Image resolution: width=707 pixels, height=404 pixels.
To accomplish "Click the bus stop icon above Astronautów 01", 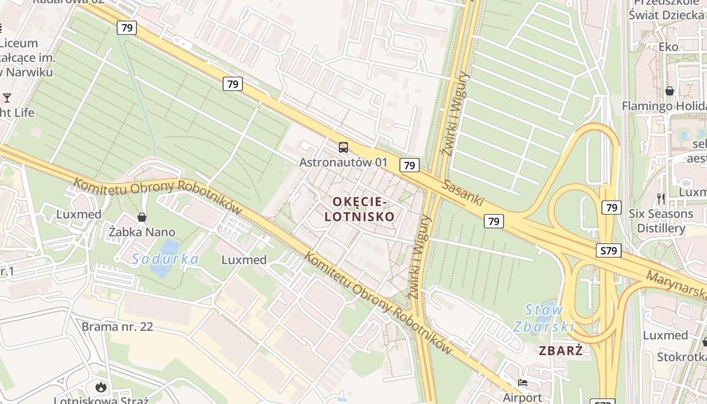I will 343,147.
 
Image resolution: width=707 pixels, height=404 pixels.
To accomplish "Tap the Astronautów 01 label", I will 343,162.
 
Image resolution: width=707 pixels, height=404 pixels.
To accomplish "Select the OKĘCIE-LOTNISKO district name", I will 359,209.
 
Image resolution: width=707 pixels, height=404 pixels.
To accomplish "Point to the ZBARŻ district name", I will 561,350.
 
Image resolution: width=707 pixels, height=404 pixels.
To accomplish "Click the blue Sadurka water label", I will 165,259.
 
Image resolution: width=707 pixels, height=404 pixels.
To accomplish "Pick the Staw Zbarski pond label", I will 544,318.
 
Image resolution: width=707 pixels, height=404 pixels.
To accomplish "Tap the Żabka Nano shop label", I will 142,232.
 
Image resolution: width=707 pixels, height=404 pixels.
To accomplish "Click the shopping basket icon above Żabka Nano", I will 142,217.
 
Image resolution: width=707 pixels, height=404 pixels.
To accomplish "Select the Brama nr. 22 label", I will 117,326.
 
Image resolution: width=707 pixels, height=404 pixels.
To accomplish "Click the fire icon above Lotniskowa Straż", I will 101,387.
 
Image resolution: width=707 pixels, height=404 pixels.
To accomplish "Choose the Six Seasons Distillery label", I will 661,221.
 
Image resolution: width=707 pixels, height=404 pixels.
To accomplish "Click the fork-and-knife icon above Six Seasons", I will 661,199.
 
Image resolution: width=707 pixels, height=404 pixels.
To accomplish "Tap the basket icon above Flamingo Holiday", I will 670,91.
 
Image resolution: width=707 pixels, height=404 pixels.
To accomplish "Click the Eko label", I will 669,46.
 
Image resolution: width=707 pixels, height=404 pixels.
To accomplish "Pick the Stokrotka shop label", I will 681,357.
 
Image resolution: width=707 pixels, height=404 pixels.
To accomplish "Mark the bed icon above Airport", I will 523,383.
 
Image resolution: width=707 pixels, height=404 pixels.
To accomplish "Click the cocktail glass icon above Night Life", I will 7,97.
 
